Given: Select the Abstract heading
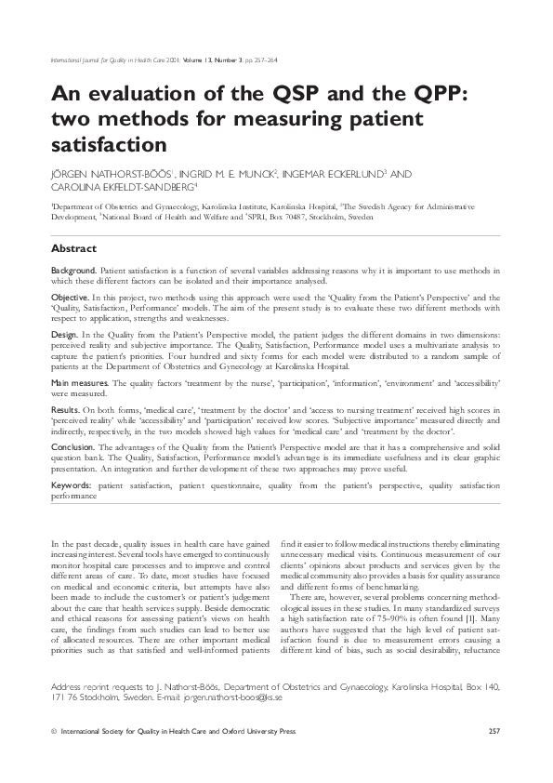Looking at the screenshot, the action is coord(73,249).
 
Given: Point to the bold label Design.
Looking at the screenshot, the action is coord(64,333).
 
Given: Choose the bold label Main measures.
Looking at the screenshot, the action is coord(80,382).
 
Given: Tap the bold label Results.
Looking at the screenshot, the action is coord(65,409).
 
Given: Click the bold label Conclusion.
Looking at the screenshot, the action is coord(72,446).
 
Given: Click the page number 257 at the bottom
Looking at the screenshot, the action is coord(494,733).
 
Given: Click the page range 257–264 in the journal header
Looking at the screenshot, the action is coord(265,61).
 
